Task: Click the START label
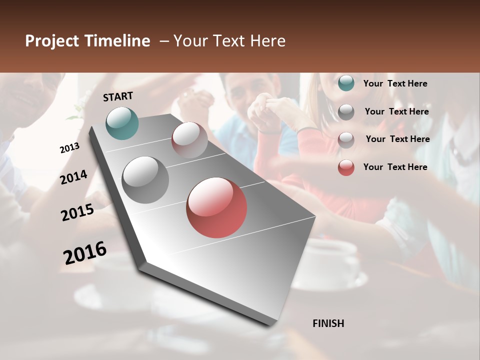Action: [x=118, y=96]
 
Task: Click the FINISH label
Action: [x=328, y=323]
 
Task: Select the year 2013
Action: [x=69, y=148]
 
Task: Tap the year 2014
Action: [x=73, y=177]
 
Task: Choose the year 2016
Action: [x=85, y=253]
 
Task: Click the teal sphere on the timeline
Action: [x=122, y=123]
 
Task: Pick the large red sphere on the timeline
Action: [x=216, y=207]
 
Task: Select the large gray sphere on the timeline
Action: [x=145, y=179]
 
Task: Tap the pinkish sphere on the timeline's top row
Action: [x=189, y=140]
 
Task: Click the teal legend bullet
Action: [x=346, y=83]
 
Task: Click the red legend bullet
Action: [x=346, y=167]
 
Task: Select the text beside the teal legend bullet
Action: [x=395, y=83]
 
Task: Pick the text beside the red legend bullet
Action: [x=395, y=167]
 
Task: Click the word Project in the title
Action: [x=52, y=41]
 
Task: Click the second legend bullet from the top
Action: [x=346, y=112]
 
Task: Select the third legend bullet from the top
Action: [x=346, y=140]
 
